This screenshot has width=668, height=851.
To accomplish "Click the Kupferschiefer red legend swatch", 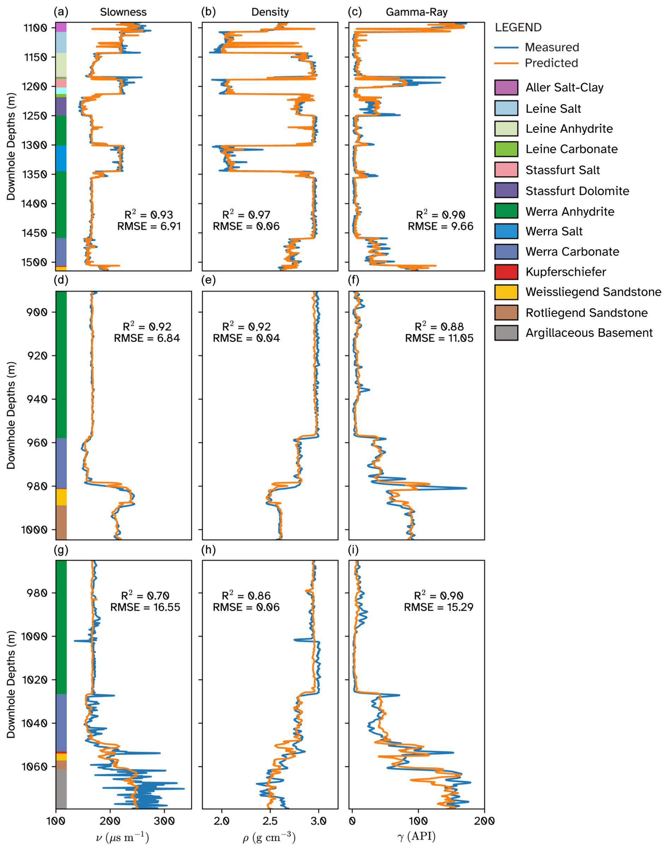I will point(506,272).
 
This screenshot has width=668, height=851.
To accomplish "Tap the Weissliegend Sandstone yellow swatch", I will point(506,292).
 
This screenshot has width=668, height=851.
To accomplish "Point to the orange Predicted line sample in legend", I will point(506,63).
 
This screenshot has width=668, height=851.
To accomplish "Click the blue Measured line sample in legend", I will point(506,47).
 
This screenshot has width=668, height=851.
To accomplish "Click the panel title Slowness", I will point(123,12).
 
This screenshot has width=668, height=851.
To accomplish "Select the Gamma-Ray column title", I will point(417,12).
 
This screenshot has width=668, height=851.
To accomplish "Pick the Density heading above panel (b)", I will point(270,12).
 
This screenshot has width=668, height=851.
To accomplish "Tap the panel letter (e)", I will point(208,280).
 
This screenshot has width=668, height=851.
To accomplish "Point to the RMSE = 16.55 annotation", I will point(145,607).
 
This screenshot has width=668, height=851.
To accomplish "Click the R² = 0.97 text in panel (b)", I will point(246,215).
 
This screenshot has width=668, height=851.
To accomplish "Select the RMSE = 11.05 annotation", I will point(439,338).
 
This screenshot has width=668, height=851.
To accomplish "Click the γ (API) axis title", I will point(417,837).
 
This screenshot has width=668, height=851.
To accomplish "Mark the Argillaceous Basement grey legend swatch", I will point(506,333).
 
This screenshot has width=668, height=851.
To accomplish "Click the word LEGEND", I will point(518,28).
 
